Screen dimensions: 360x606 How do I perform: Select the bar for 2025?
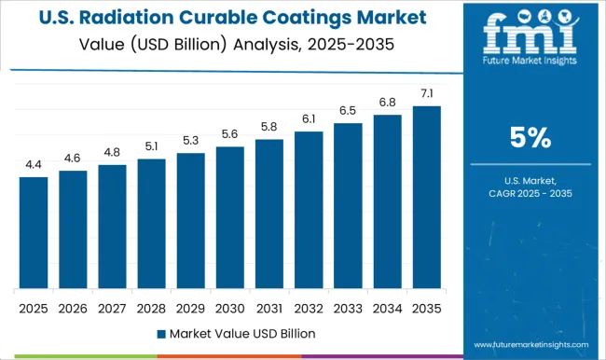click(33, 232)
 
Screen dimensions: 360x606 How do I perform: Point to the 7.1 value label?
click(426, 93)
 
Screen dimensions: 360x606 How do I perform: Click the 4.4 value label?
click(33, 164)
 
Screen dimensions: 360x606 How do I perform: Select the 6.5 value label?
click(348, 109)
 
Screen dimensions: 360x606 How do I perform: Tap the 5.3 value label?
click(190, 141)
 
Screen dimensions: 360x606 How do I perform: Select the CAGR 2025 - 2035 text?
click(530, 192)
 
